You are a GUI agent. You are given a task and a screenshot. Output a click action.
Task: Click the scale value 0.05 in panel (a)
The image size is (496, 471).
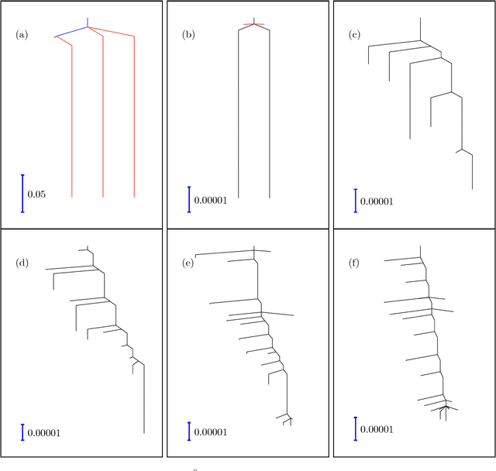pos(36,194)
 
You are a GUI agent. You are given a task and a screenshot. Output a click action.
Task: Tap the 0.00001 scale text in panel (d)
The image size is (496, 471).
pos(44,431)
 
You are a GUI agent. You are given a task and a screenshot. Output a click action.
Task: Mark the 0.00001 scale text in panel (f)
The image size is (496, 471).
pos(376,430)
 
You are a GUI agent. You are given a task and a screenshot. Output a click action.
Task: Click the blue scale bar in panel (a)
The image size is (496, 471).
pos(22,193)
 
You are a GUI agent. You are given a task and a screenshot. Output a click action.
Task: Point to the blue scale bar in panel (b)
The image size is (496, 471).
pos(188,198)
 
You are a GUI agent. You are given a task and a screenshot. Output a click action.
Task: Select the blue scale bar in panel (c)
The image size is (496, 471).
pos(354,199)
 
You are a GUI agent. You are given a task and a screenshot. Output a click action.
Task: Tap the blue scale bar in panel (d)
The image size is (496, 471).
pos(22,431)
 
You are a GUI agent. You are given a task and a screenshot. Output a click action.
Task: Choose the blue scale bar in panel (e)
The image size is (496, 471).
pos(188,431)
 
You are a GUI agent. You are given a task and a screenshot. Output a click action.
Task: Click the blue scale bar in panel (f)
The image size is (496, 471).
pos(354,428)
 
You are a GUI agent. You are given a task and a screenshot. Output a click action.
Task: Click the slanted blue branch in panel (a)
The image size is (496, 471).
pos(71,32)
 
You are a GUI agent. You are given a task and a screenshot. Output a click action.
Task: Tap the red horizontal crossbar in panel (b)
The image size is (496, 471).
pos(253,25)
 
